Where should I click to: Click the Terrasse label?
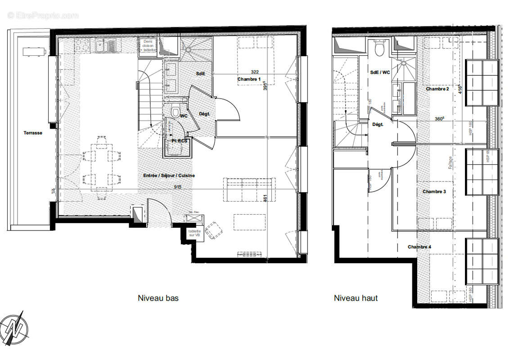point(33,133)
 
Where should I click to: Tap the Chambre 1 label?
point(249,79)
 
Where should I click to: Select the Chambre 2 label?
point(437,89)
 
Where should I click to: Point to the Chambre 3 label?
point(434,192)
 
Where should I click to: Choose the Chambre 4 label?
point(419,247)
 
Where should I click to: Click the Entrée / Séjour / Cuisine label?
point(169,175)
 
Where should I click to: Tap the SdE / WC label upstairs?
point(380,72)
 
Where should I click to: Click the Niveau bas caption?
point(158,298)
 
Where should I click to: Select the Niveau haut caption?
point(356,298)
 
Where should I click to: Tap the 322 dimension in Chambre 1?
point(255,72)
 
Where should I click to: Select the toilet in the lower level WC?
point(176,110)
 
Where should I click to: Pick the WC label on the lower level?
point(184,116)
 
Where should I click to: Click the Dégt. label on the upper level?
point(378,125)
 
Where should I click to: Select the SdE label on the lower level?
point(200,73)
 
